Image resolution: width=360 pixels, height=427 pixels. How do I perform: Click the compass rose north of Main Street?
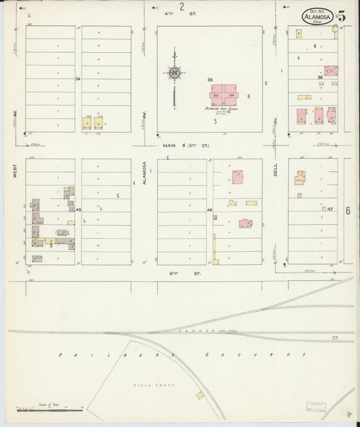174,74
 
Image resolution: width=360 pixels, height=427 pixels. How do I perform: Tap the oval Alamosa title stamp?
317,15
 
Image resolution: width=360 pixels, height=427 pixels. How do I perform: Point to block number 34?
78,79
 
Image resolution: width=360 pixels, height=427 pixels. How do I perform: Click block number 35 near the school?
210,80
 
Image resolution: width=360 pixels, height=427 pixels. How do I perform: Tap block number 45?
78,211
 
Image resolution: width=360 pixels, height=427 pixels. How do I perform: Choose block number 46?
209,211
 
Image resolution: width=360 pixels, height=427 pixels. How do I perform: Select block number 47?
331,210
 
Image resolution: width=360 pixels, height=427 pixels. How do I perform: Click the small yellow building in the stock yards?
200,395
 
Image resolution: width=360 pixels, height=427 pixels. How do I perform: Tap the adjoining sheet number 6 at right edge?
349,210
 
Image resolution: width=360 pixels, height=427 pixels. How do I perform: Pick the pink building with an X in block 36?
331,70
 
